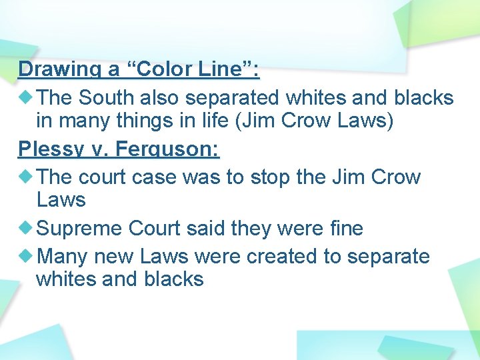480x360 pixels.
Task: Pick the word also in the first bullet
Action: point(159,98)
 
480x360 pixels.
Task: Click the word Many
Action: point(63,257)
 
